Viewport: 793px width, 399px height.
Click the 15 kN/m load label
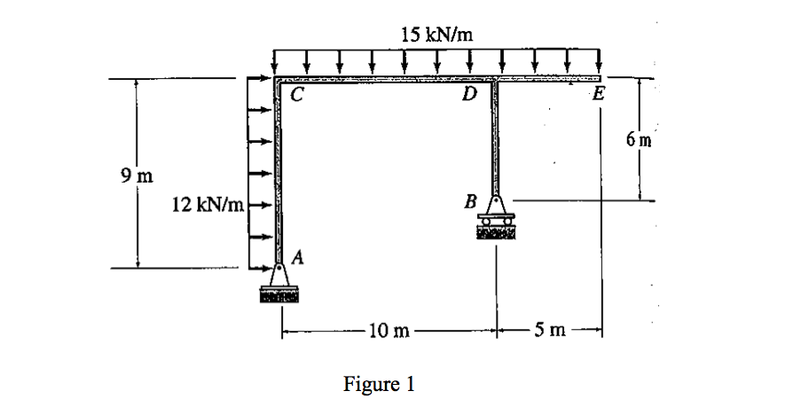pyautogui.click(x=437, y=35)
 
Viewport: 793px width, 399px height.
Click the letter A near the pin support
pyautogui.click(x=299, y=258)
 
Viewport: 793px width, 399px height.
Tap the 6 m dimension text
pyautogui.click(x=638, y=138)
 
